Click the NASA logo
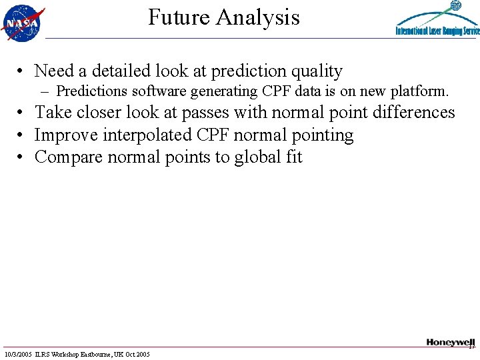[23, 22]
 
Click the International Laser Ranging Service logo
[437, 20]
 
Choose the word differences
[412, 113]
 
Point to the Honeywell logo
[450, 342]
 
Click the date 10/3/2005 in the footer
[19, 353]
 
